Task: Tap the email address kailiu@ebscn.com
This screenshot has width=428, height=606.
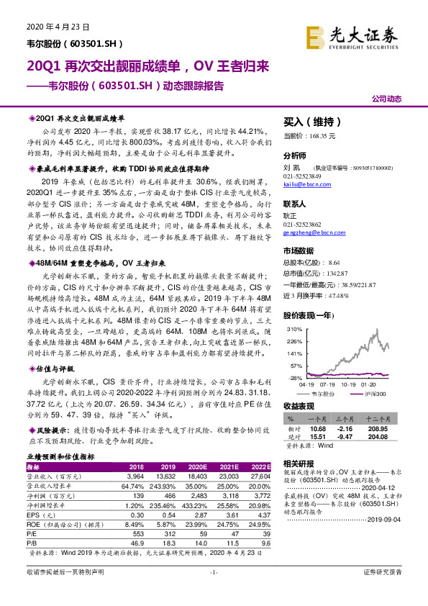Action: [307, 184]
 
